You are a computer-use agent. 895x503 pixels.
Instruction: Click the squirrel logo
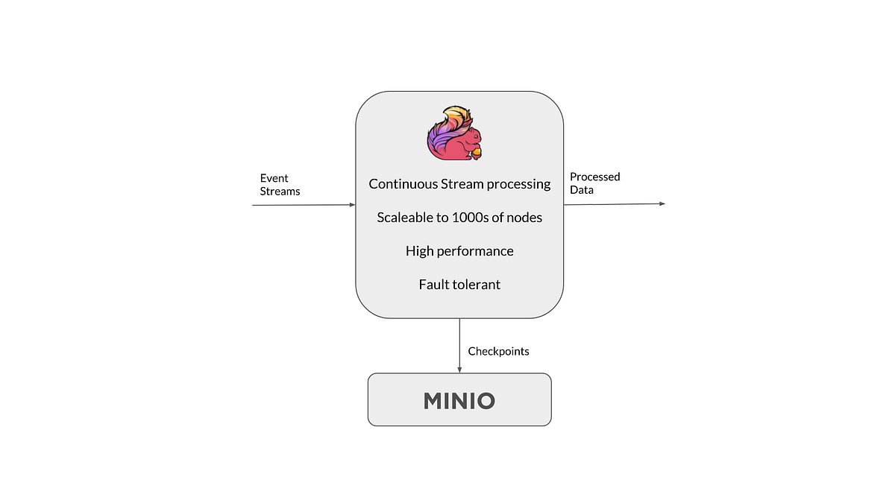[455, 133]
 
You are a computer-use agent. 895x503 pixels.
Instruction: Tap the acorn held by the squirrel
[476, 154]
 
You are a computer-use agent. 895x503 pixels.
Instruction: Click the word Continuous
[403, 184]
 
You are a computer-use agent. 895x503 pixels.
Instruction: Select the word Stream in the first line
[462, 184]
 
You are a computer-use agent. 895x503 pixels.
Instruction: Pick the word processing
[518, 185]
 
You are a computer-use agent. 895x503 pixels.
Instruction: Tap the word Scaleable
[405, 218]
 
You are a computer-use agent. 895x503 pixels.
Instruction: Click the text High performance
[459, 252]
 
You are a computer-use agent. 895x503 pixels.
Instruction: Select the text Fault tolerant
[459, 285]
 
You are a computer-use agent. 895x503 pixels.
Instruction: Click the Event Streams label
[280, 185]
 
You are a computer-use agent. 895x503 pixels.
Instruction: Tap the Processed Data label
[594, 183]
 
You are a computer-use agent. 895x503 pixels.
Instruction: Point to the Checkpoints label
[498, 352]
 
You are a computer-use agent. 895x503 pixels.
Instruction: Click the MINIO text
[459, 401]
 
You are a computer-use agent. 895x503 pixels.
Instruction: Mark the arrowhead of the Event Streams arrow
[352, 205]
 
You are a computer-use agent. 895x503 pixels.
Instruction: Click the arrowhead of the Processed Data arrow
[662, 203]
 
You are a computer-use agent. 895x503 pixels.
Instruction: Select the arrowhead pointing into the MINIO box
[459, 370]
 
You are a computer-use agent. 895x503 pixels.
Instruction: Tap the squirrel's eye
[476, 136]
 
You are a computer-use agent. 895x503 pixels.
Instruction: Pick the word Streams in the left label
[280, 192]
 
